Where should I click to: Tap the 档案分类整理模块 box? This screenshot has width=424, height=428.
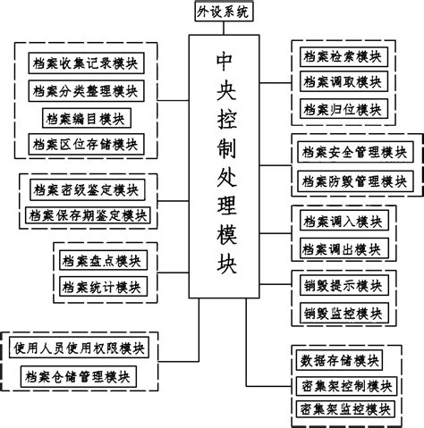[87, 90]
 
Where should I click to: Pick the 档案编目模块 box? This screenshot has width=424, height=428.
[87, 117]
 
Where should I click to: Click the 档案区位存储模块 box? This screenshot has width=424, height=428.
[87, 143]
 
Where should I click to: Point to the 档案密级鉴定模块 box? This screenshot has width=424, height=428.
[87, 189]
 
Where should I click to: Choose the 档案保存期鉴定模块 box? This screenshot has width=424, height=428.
[87, 215]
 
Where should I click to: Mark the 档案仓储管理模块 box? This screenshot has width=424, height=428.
[81, 375]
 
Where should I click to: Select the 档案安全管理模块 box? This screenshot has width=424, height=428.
[353, 154]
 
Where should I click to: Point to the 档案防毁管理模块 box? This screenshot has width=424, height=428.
[353, 180]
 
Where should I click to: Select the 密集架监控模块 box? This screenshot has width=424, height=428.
[343, 408]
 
